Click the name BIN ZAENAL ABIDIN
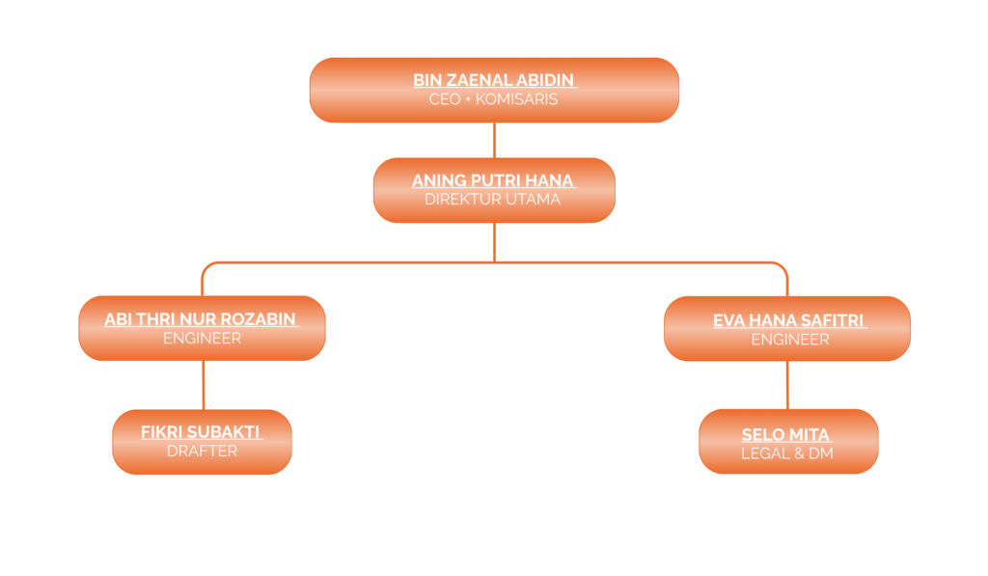coord(494,80)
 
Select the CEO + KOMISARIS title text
coord(494,99)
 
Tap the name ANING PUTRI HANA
coord(493,180)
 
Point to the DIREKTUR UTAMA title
coord(493,200)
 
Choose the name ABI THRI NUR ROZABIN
coord(202,319)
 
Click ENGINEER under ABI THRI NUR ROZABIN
coord(202,339)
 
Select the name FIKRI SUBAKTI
coord(202,432)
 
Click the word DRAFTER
coord(202,451)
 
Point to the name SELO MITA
coord(786,435)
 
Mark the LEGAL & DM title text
coord(786,453)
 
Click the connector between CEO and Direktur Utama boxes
coord(494,140)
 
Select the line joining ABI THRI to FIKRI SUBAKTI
coord(203,385)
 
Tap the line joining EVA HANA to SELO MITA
coord(788,385)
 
